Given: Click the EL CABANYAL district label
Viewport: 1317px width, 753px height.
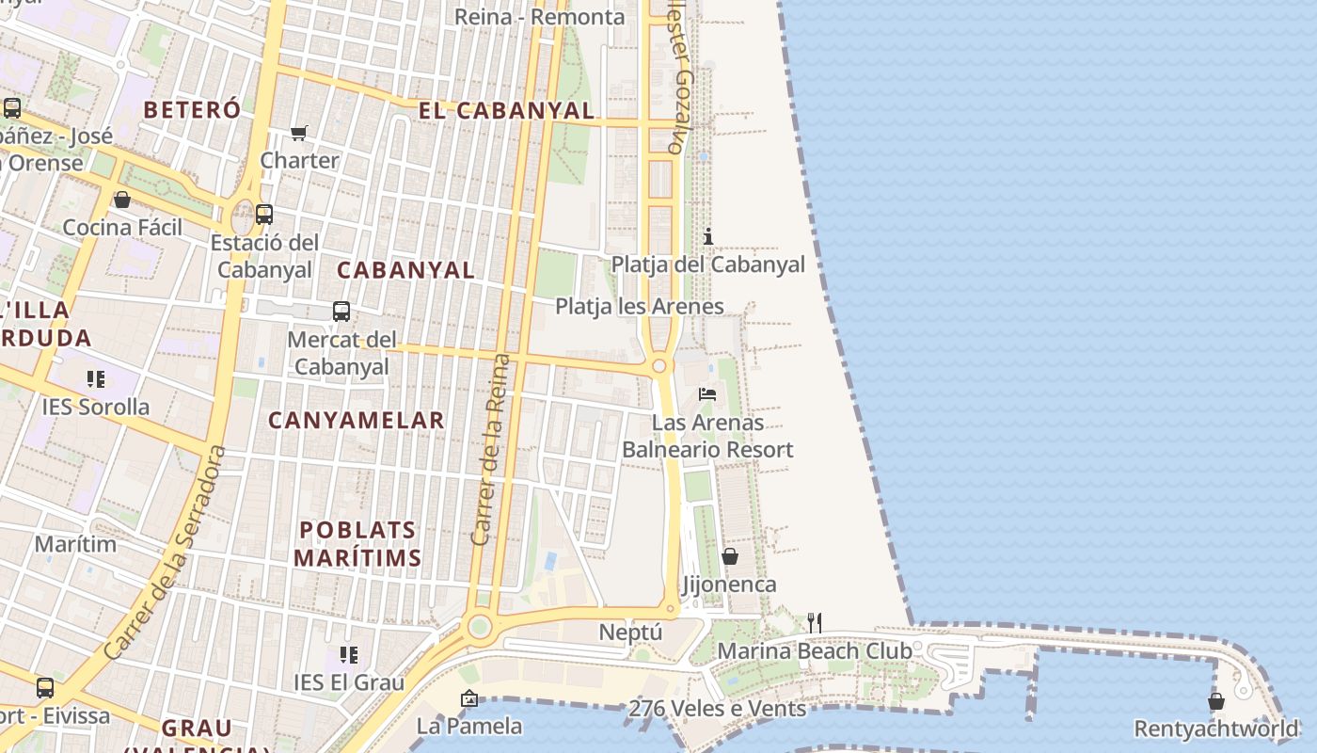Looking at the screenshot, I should [506, 111].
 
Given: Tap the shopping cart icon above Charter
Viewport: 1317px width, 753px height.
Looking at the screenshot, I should [299, 134].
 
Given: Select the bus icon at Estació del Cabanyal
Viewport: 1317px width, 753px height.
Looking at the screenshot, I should [264, 215].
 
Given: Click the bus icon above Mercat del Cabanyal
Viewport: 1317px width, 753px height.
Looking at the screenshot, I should [341, 312].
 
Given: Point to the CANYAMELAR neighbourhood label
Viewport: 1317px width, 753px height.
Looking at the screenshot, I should [357, 421].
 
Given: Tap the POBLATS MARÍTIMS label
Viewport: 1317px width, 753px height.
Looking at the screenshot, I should [357, 544].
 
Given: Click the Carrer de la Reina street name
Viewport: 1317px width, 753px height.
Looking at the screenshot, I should [490, 450].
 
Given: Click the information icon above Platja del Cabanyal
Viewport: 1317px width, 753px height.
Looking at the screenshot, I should [708, 236].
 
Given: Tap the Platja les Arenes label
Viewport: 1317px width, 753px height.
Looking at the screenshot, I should [640, 307].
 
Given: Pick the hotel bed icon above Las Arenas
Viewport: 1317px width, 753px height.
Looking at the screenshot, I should [707, 394].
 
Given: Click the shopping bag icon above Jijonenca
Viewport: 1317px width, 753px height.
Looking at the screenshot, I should [729, 557].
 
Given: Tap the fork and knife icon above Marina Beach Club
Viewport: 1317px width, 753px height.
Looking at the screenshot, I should [815, 623].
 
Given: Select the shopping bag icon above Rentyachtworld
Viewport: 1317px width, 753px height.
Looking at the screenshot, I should [1216, 701].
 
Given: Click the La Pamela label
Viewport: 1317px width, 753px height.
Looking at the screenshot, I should [469, 727].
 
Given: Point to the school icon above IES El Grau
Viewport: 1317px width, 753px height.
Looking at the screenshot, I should [349, 654].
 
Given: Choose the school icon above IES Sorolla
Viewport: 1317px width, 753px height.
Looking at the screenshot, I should [95, 379].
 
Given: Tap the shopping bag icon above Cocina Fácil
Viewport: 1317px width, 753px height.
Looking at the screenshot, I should [122, 200].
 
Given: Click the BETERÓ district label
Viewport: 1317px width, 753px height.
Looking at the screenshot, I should [192, 109].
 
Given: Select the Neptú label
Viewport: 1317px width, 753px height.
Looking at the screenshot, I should [630, 633].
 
